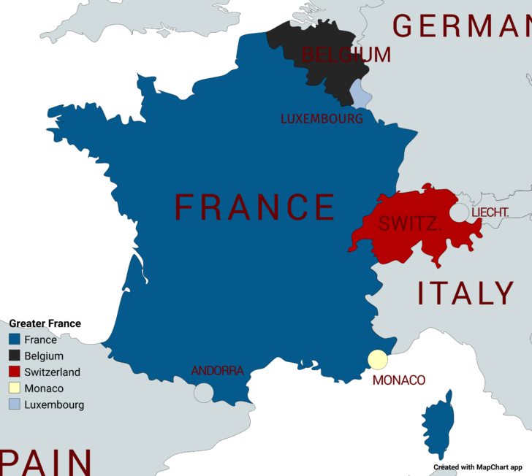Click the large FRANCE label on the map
[x=255, y=207]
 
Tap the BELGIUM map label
[x=346, y=55]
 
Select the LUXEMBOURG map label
[x=322, y=118]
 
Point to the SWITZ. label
[x=410, y=224]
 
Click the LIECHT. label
[x=490, y=212]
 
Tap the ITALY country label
[x=465, y=293]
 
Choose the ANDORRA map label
[x=217, y=371]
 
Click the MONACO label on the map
[x=398, y=380]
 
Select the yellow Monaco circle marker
[x=377, y=360]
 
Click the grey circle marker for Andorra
[x=203, y=393]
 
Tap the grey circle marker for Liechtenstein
[x=459, y=212]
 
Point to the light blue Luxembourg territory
[x=360, y=93]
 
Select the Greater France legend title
[x=45, y=323]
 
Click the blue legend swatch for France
[x=14, y=339]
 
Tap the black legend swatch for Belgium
[x=14, y=356]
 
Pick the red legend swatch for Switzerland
[x=14, y=372]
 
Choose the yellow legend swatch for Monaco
[x=14, y=388]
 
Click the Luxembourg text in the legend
[x=54, y=404]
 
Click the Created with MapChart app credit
[x=477, y=467]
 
